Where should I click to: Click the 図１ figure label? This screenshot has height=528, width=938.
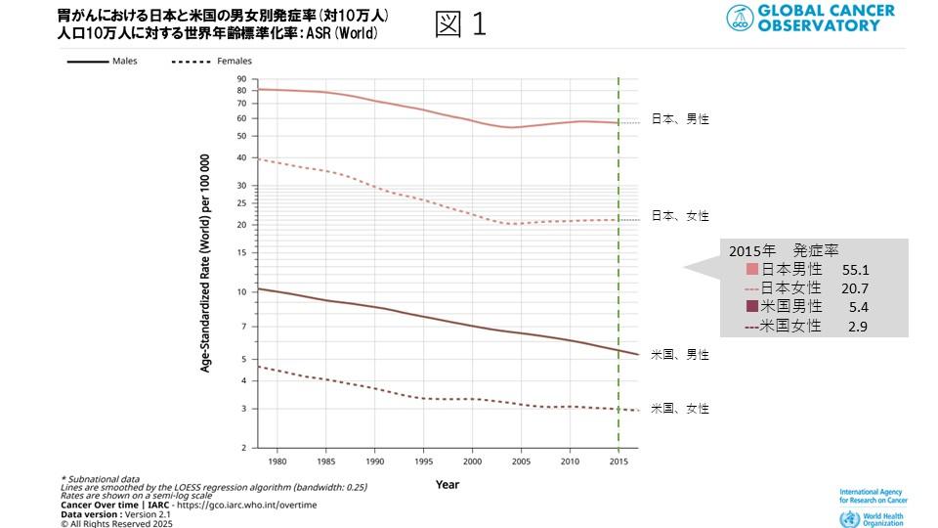(460, 24)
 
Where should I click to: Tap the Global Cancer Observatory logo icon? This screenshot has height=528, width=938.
(740, 18)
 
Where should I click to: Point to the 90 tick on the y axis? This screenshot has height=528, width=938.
(242, 78)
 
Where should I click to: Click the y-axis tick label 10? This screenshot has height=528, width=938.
(242, 291)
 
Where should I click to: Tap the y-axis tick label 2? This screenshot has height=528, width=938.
(245, 449)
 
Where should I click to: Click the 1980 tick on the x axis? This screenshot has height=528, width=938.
(277, 460)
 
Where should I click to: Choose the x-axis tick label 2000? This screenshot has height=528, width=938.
(472, 460)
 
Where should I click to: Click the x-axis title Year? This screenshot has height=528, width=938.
(448, 484)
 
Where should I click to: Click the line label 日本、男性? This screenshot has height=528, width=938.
(680, 119)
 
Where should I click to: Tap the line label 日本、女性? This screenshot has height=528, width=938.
(680, 216)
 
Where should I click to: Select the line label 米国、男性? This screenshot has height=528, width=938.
(680, 355)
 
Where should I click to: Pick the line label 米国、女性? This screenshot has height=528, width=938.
(680, 409)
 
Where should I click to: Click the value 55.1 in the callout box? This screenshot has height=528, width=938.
(855, 269)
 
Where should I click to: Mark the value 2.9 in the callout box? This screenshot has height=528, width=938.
(858, 327)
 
